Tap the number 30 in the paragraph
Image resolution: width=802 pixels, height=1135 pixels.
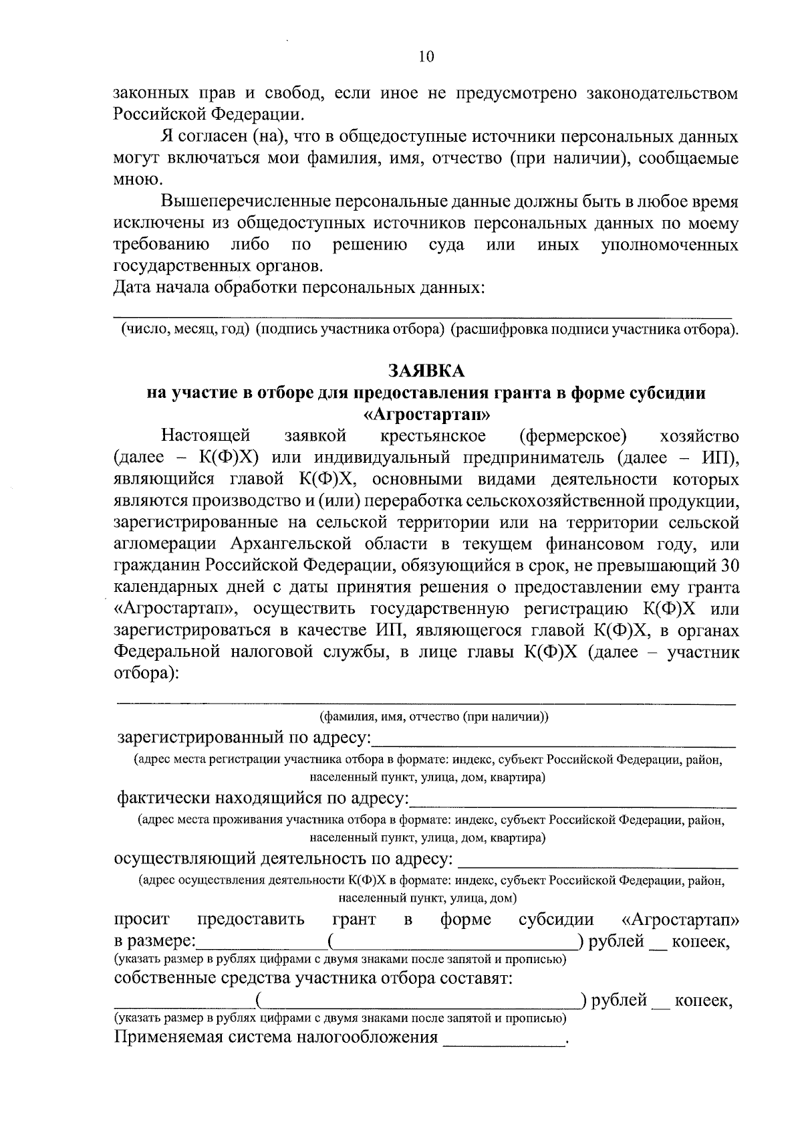pos(728,566)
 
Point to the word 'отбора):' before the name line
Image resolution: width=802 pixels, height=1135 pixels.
pos(146,674)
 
